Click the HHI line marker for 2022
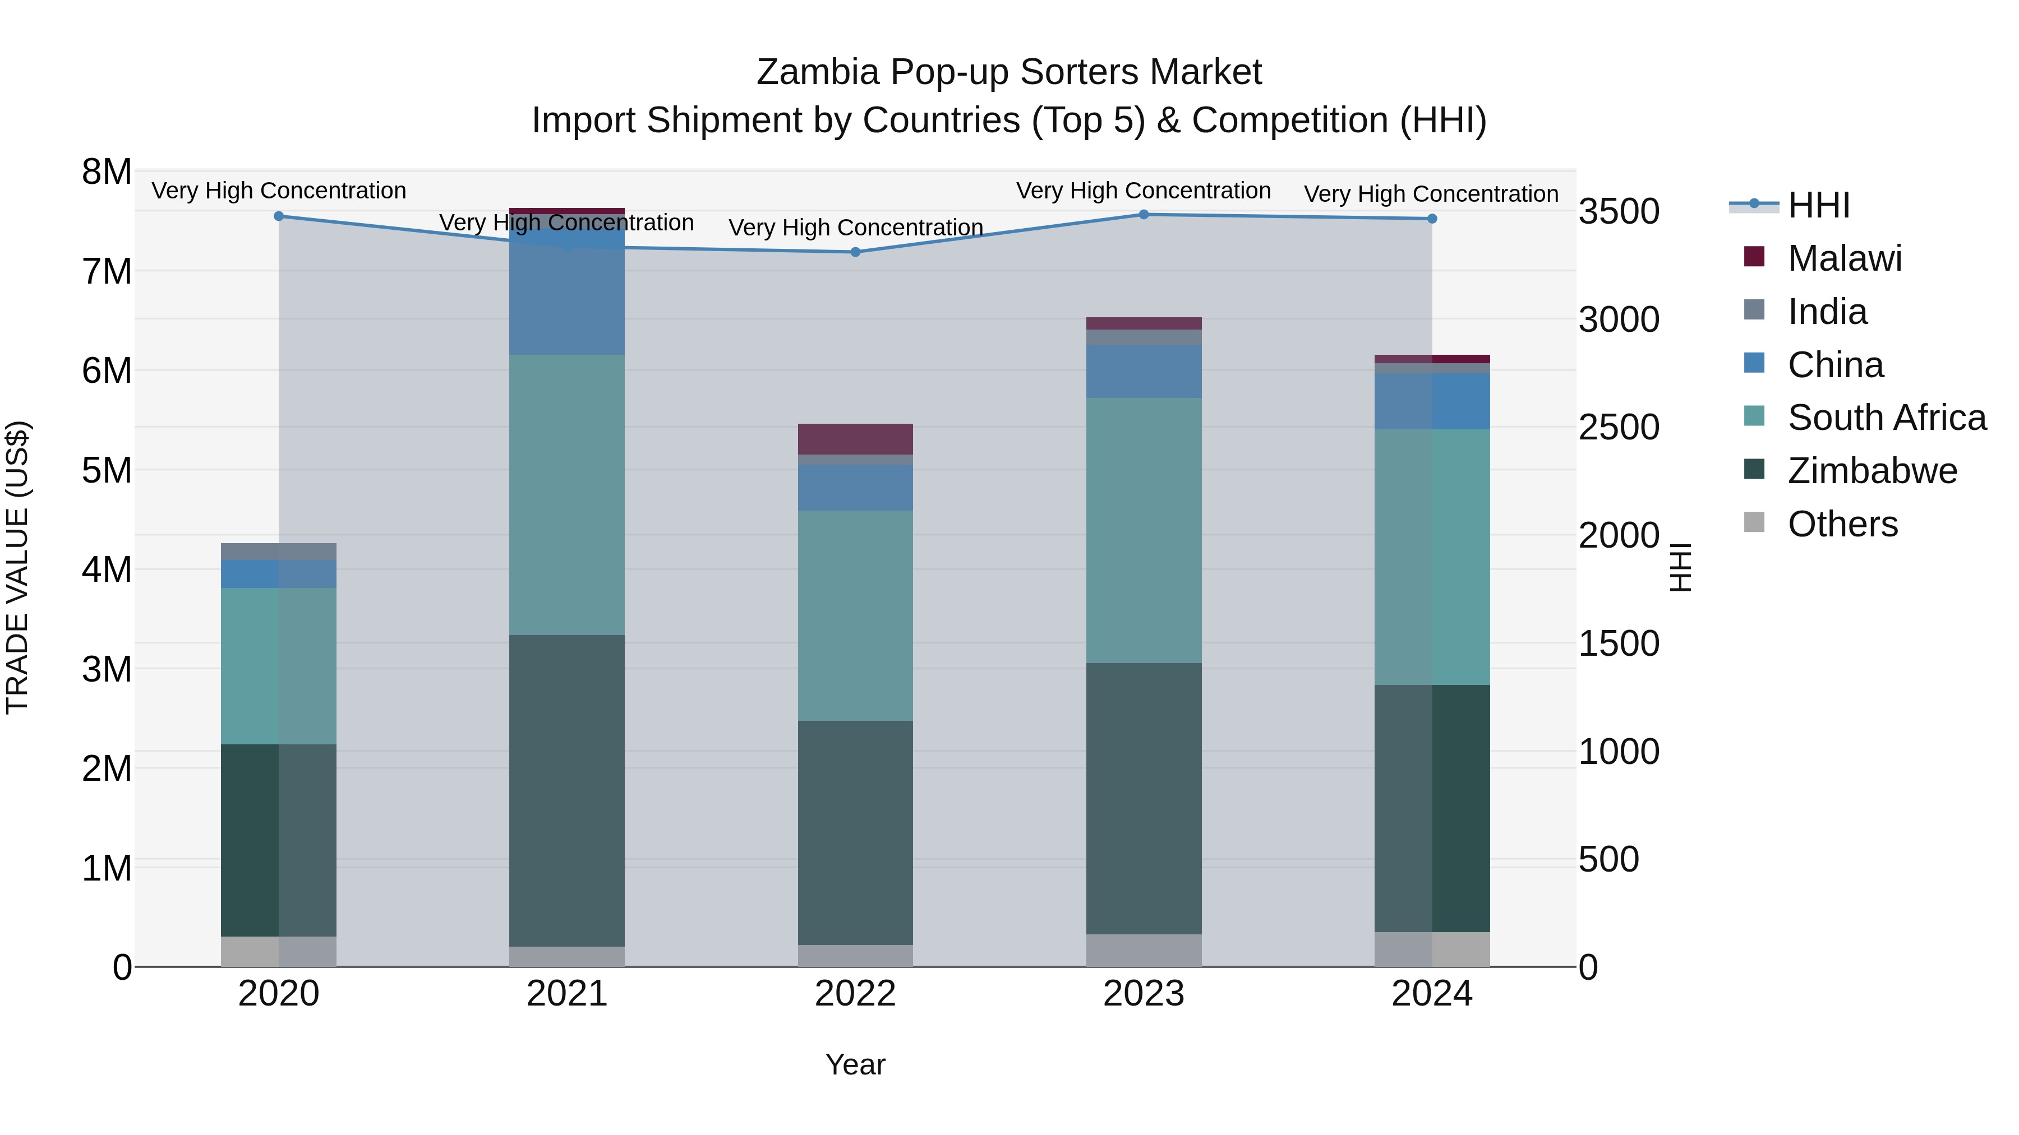[x=855, y=252]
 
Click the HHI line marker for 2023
[x=1144, y=215]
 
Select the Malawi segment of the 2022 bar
[x=855, y=439]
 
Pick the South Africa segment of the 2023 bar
[x=1144, y=530]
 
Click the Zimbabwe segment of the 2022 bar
[x=855, y=833]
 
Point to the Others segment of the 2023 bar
[x=1144, y=950]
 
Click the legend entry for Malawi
[x=1844, y=258]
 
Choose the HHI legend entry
[x=1818, y=205]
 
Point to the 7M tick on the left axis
[x=107, y=272]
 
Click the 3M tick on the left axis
[x=107, y=670]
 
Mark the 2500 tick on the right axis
[x=1619, y=428]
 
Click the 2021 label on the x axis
[x=566, y=994]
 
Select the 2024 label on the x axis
[x=1432, y=994]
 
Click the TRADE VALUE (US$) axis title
[x=18, y=568]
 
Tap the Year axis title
[x=855, y=1064]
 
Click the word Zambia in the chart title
[x=818, y=72]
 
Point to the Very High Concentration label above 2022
[x=855, y=228]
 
